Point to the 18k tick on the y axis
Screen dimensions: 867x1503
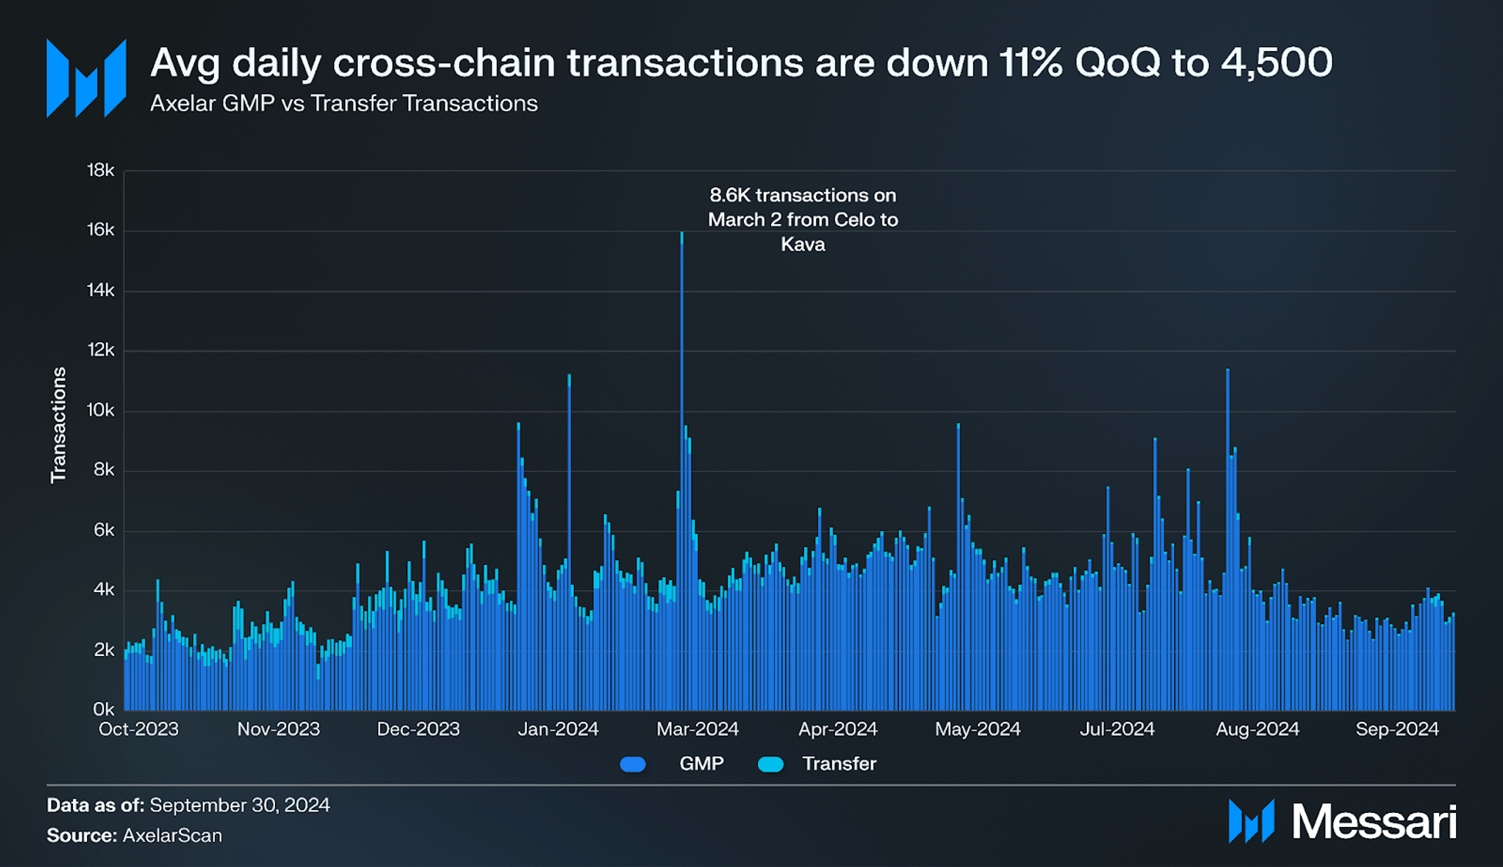(100, 170)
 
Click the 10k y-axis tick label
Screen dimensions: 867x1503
(100, 410)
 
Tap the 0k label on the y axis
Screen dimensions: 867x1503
(103, 709)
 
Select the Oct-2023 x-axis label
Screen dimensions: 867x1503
(138, 730)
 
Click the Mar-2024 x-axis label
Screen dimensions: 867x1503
(697, 730)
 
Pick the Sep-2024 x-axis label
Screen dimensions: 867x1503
(1396, 730)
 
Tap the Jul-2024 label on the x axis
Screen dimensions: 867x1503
(1116, 730)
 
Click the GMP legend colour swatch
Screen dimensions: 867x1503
(633, 765)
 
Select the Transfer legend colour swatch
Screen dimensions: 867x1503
(770, 765)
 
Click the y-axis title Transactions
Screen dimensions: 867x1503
(58, 425)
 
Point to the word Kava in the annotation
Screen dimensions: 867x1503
(803, 245)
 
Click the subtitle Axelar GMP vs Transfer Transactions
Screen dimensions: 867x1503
(344, 104)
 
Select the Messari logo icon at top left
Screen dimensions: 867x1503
(86, 78)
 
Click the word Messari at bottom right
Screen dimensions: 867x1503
(1374, 821)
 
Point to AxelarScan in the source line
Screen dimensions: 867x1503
(172, 835)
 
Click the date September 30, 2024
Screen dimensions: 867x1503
(239, 805)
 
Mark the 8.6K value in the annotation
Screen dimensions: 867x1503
(729, 195)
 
